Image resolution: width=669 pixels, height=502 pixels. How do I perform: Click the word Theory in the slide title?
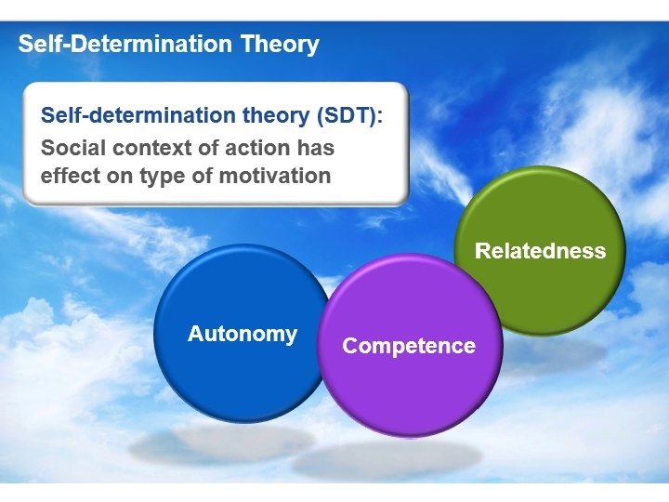point(280,44)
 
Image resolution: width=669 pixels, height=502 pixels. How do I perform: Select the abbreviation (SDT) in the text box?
point(349,117)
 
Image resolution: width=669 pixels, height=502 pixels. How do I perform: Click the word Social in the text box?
point(72,148)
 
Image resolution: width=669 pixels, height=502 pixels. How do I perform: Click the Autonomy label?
point(242,334)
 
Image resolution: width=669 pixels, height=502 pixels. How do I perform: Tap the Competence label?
point(409,346)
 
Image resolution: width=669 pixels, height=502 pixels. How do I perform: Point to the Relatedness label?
point(540,250)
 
